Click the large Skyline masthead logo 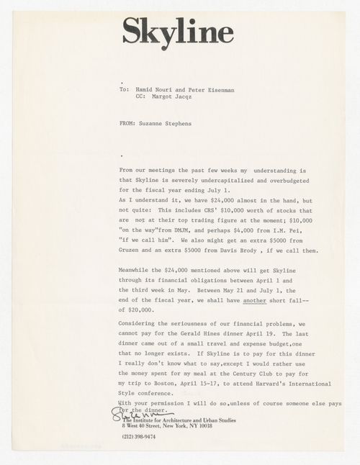(x=177, y=31)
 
